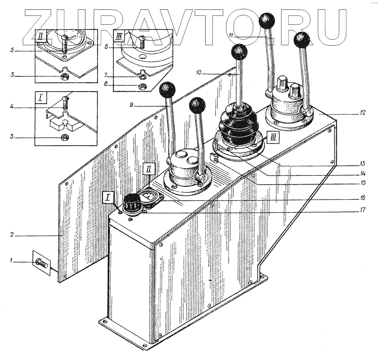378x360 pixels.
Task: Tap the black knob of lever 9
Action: click(167, 90)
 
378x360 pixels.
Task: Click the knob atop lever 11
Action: click(268, 20)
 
